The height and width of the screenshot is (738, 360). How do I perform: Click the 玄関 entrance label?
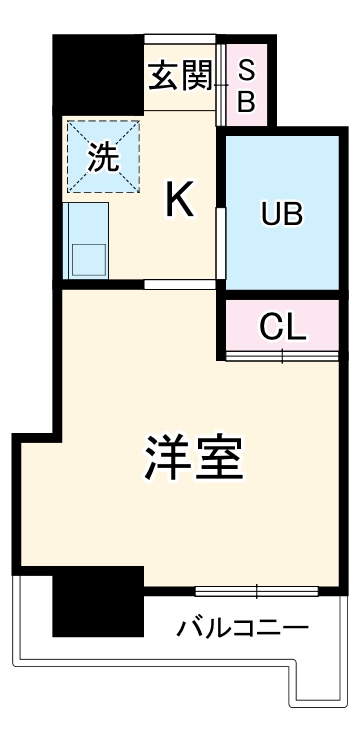coord(179,76)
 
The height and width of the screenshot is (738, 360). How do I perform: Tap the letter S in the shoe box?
coord(246,71)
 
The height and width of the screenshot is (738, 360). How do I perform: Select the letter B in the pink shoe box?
coord(246,100)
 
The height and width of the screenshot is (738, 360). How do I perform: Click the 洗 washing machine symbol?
coord(102,157)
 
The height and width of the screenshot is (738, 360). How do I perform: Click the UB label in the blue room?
coord(282,213)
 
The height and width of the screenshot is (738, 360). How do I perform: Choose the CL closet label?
coord(282,327)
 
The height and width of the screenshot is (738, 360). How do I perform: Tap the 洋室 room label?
coord(193,459)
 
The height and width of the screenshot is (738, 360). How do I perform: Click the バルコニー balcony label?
coord(242,628)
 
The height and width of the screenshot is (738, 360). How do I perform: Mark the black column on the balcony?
coord(97,600)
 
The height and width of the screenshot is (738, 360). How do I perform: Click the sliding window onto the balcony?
coord(257,590)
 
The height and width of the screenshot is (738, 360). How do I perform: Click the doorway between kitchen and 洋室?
coord(179,285)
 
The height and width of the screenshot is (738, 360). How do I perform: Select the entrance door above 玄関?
coord(179,40)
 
